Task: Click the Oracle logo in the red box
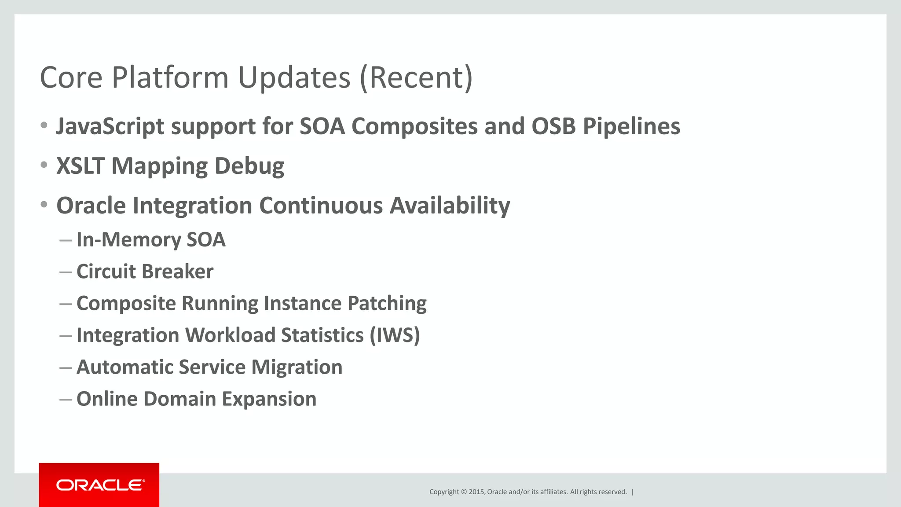(x=100, y=485)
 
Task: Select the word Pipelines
(x=631, y=127)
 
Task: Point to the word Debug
(x=249, y=166)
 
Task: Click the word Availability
(x=450, y=206)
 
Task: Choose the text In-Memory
(x=128, y=240)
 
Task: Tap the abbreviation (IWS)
(x=395, y=335)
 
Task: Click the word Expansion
(x=269, y=399)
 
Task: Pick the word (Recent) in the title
(x=416, y=78)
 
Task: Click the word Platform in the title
(x=170, y=78)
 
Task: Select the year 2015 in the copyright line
(x=476, y=492)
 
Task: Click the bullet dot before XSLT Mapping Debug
(x=44, y=165)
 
